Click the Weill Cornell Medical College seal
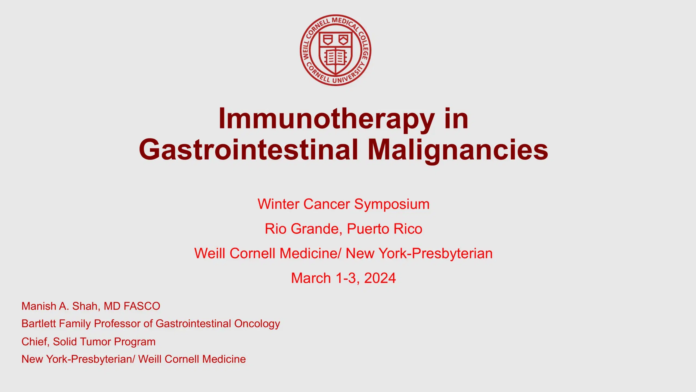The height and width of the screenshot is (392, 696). (335, 50)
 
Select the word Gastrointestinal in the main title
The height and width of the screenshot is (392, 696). (248, 150)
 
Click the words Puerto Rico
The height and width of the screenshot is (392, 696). (384, 229)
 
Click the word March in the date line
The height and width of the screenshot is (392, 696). (311, 278)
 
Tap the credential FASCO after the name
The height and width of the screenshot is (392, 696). (142, 306)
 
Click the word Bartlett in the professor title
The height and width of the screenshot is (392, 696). (39, 324)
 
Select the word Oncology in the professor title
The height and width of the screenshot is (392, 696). (257, 324)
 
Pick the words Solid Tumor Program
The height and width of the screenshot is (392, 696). (104, 342)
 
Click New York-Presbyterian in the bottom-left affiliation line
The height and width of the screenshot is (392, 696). (77, 359)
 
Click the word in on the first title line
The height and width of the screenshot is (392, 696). (456, 119)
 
